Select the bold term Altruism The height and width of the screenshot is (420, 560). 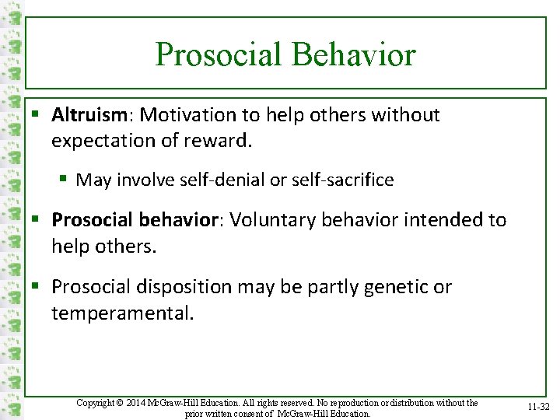[x=89, y=115]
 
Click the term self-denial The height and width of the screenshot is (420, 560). [x=219, y=180]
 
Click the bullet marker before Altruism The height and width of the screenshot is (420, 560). [x=37, y=116]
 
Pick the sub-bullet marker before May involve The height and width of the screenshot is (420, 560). [x=65, y=180]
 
